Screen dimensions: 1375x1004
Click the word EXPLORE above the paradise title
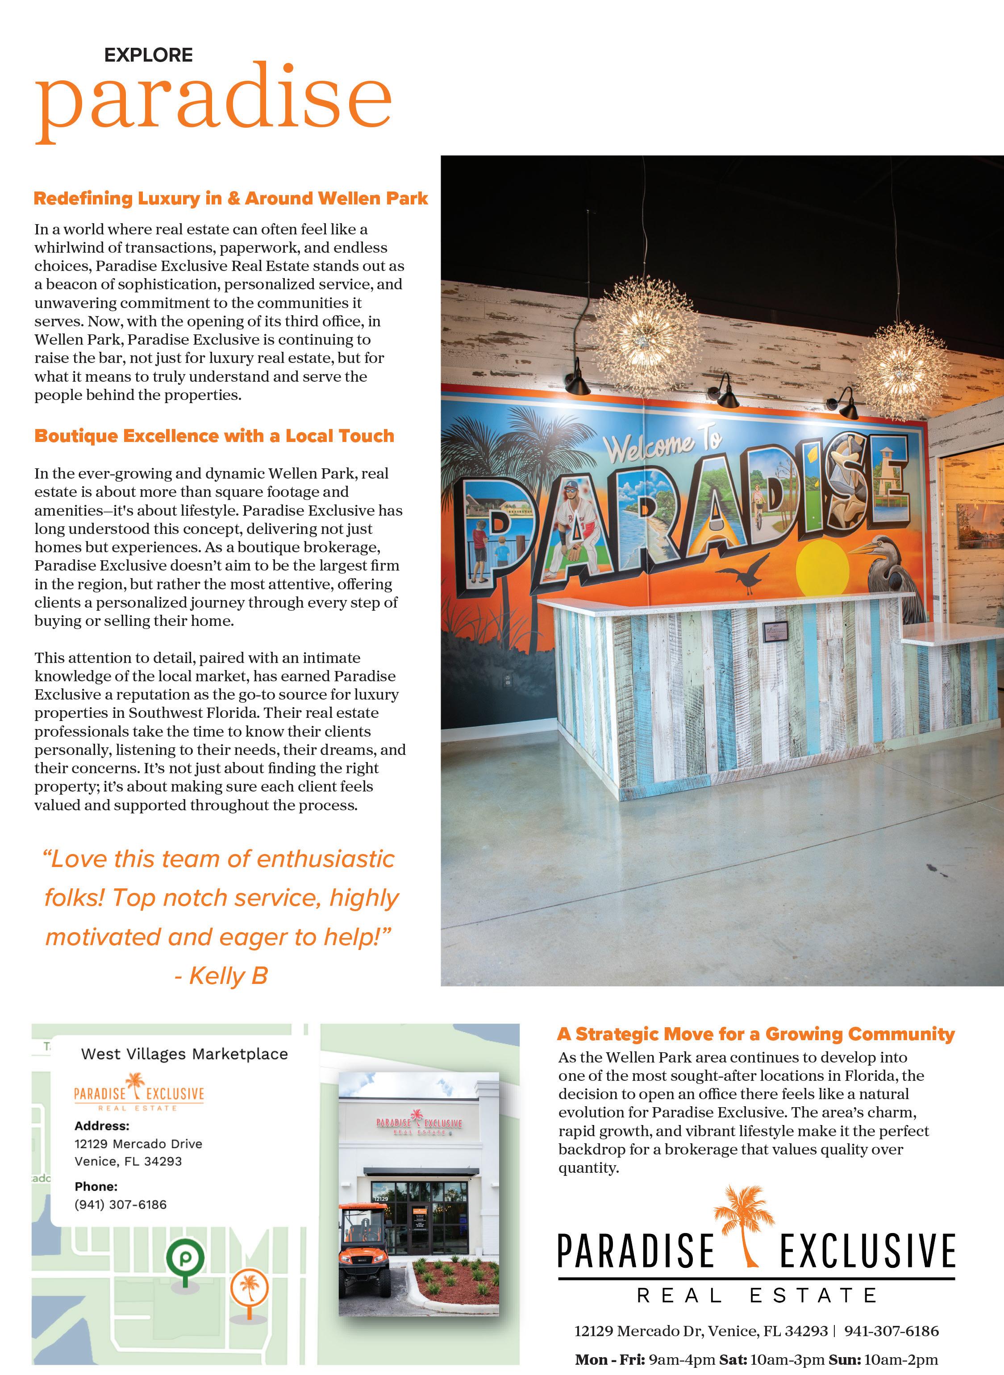tap(148, 55)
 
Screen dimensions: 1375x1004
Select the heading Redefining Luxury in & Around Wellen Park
tap(231, 199)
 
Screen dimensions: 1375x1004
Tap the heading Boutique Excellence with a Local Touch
tap(214, 436)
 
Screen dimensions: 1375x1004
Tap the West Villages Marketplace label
tap(184, 1054)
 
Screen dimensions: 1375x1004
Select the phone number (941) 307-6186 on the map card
tap(121, 1204)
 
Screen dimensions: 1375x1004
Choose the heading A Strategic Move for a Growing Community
tap(755, 1033)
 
